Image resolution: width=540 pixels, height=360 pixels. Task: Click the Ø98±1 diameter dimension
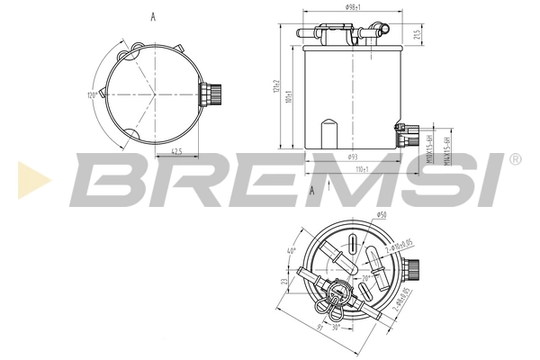[x=353, y=7]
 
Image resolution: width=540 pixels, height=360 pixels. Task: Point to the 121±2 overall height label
[x=280, y=88]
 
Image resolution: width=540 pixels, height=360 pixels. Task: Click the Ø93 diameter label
[x=352, y=157]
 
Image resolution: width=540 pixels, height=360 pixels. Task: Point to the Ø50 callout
[x=381, y=214]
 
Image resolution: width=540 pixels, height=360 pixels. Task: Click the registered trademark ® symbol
[x=514, y=158]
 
